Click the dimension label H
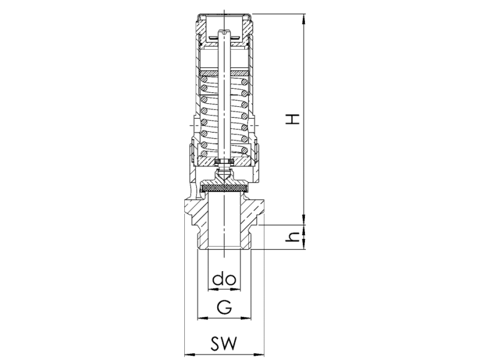[292, 119]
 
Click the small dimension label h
[292, 236]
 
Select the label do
[224, 279]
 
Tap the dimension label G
[224, 307]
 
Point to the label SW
[224, 343]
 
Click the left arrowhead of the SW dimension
[190, 355]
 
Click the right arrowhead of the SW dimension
[259, 355]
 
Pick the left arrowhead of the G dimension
[202, 319]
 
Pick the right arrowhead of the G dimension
[246, 319]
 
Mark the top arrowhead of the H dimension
[304, 19]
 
